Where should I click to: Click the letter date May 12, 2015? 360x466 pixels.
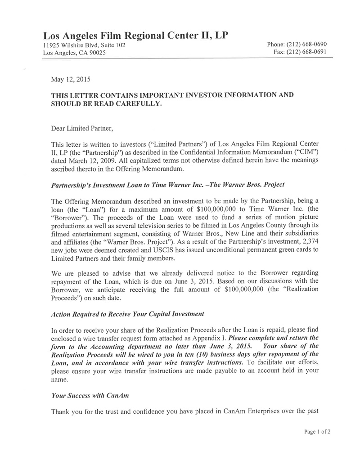tap(71, 80)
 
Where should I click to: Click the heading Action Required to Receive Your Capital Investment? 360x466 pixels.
tap(128, 313)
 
